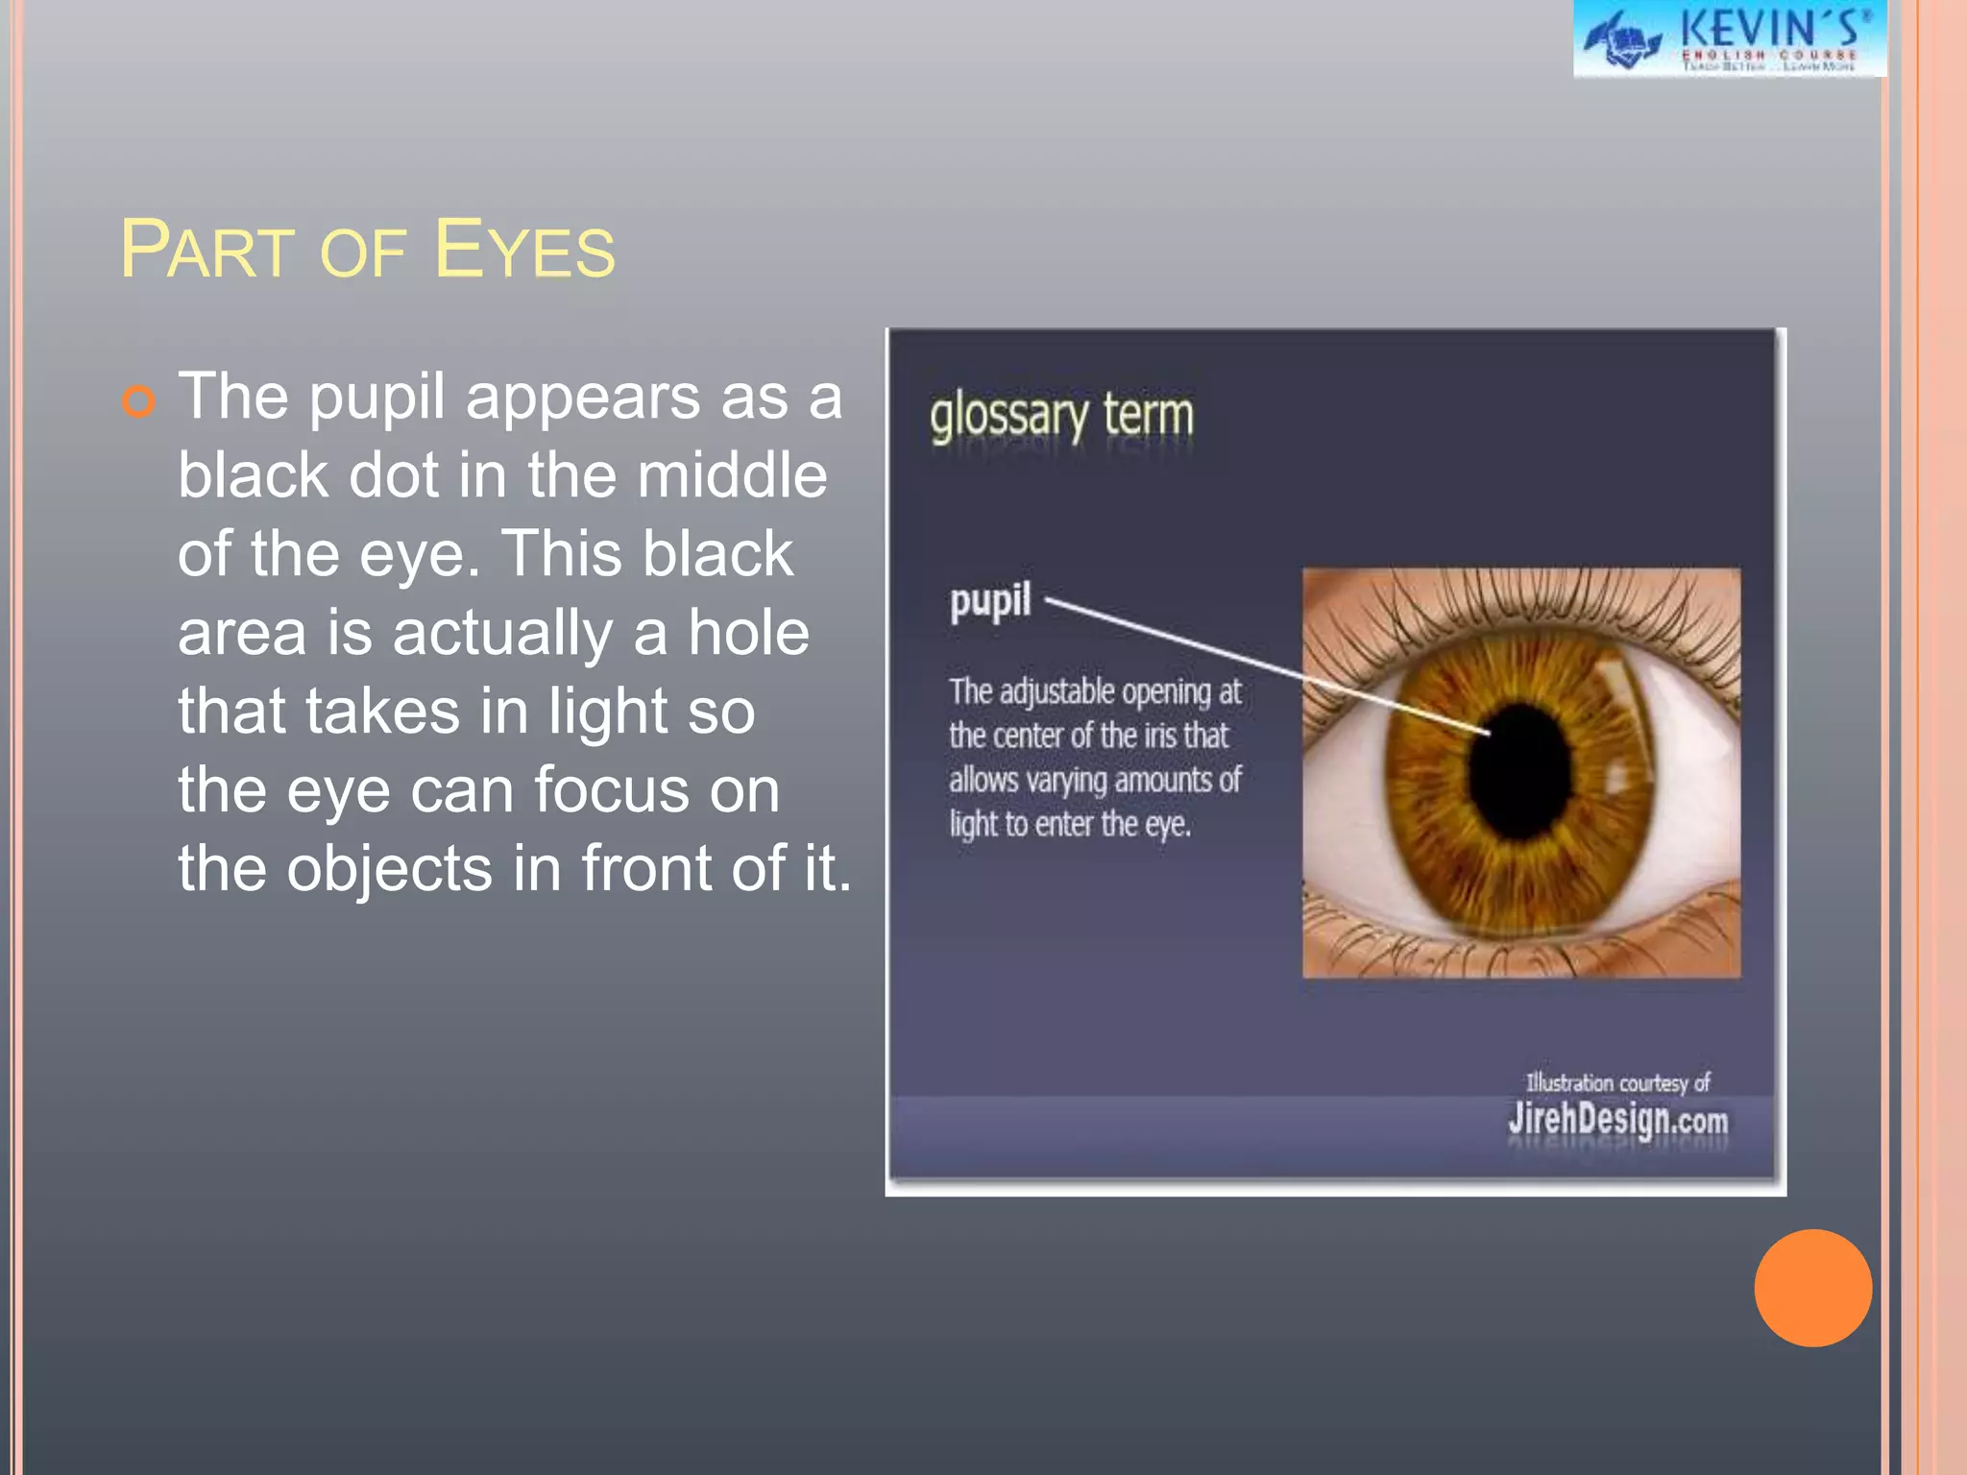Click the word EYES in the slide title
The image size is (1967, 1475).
pyautogui.click(x=524, y=251)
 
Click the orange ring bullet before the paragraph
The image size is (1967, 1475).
pyautogui.click(x=138, y=400)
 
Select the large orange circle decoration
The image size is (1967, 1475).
pyautogui.click(x=1812, y=1288)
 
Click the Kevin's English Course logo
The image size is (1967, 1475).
pyautogui.click(x=1729, y=38)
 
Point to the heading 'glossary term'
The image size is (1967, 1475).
pyautogui.click(x=1061, y=417)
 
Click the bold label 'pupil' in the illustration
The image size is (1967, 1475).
pyautogui.click(x=990, y=601)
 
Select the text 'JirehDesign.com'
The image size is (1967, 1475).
pyautogui.click(x=1617, y=1120)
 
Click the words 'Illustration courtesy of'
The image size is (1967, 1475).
pyautogui.click(x=1617, y=1083)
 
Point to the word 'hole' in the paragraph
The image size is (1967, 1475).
pyautogui.click(x=748, y=633)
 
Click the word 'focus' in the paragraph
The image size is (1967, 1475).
pyautogui.click(x=611, y=790)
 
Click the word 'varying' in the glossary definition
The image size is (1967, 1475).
pyautogui.click(x=1066, y=781)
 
